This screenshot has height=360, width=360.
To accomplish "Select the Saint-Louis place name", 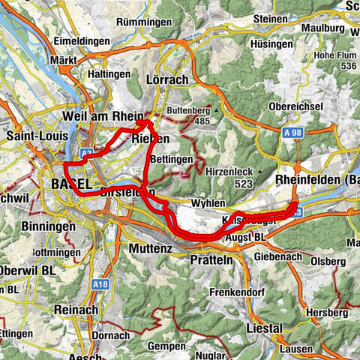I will (35, 136).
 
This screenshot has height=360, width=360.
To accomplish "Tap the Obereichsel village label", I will (298, 106).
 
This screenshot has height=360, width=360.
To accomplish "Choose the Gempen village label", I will (166, 346).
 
